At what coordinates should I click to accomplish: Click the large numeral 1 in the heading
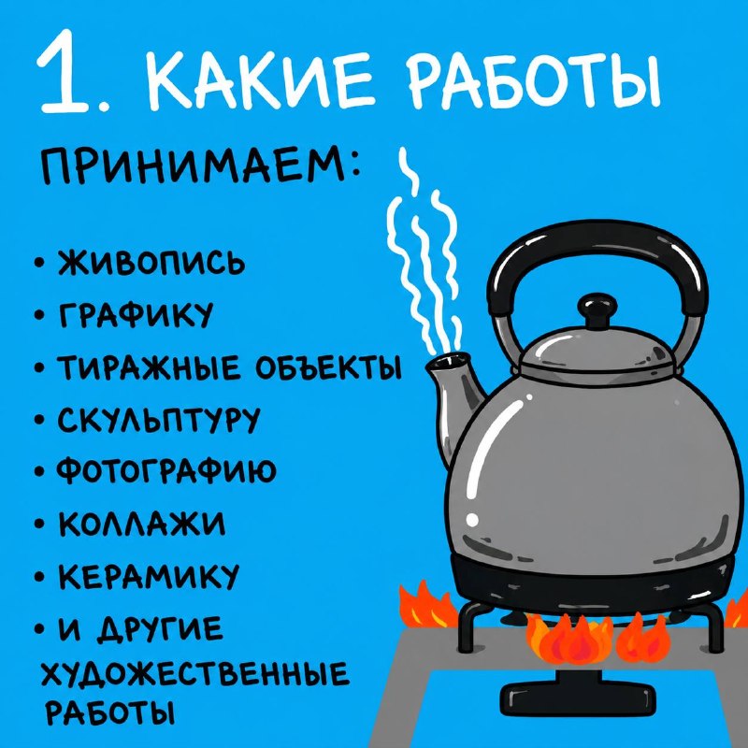(x=65, y=72)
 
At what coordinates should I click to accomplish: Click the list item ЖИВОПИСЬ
(x=151, y=263)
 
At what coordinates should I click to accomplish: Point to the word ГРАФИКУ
(x=136, y=315)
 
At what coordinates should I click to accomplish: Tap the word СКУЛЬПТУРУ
(x=159, y=420)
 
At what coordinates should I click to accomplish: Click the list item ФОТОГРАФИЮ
(x=166, y=472)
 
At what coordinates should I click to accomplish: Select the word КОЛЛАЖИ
(x=142, y=524)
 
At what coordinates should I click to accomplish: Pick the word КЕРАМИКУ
(x=149, y=576)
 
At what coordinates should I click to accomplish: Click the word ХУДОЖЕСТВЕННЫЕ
(x=194, y=676)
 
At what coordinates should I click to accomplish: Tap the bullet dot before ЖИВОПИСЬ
(x=40, y=264)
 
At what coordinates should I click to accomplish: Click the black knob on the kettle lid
(x=597, y=310)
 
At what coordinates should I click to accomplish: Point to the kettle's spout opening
(x=448, y=361)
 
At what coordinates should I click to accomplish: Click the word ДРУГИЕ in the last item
(x=160, y=629)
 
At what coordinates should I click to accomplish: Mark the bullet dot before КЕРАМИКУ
(x=40, y=576)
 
